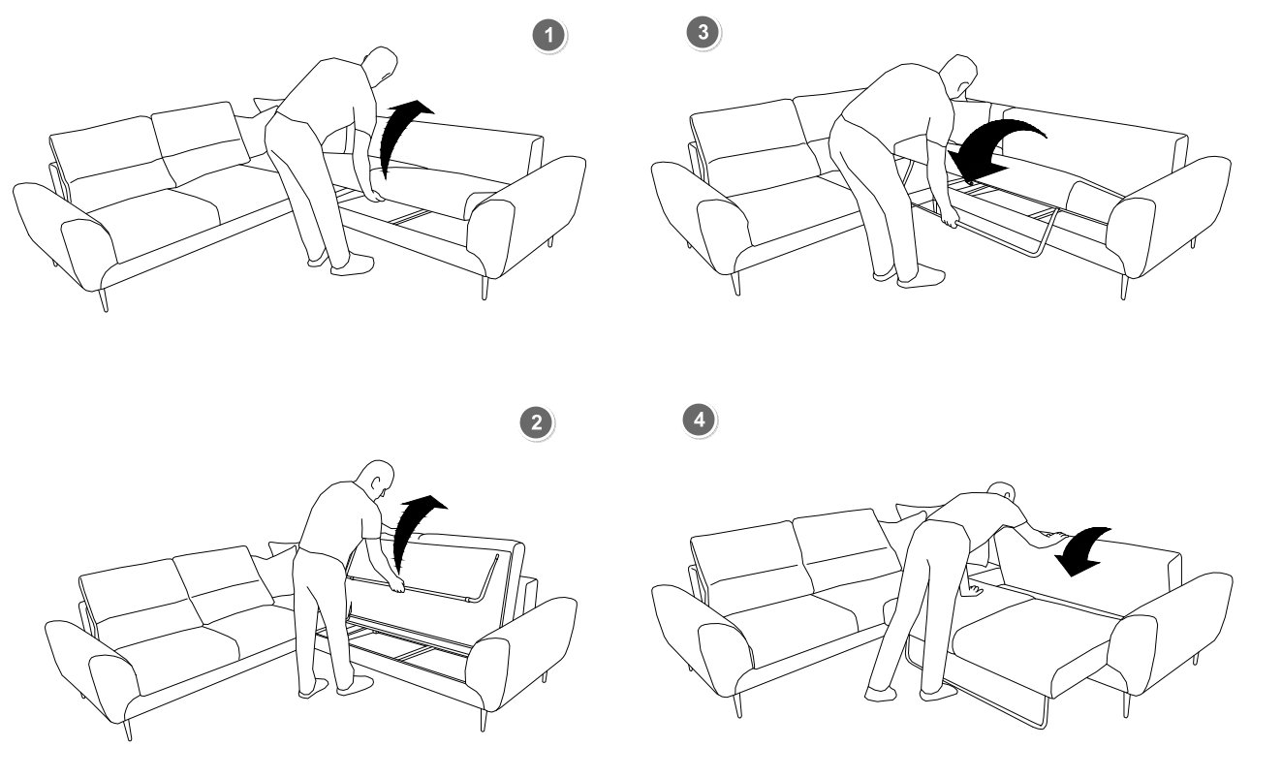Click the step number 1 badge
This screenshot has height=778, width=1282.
[548, 36]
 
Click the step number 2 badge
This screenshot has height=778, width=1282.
[536, 422]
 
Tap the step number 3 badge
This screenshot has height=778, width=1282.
[703, 32]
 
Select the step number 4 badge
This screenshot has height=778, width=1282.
[700, 420]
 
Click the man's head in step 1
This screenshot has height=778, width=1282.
[380, 64]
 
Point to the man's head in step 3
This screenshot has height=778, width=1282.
[958, 74]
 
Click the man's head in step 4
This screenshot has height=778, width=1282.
[1003, 492]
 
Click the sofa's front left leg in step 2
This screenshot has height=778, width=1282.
[128, 730]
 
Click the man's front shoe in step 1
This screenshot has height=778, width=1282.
[353, 265]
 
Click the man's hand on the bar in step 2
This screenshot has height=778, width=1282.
[396, 584]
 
